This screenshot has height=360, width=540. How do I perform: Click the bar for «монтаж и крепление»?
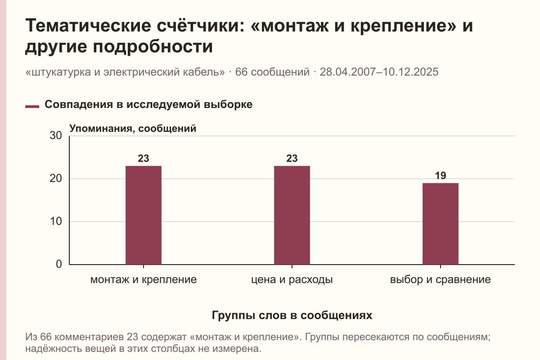(144, 215)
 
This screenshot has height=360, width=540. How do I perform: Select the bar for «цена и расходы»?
(292, 215)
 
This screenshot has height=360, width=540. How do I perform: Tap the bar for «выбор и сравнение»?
(441, 224)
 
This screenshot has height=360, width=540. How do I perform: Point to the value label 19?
(441, 175)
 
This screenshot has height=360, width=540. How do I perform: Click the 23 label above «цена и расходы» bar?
(292, 158)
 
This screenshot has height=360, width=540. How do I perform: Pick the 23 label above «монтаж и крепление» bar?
(144, 158)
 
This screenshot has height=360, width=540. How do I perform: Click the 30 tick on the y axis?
(56, 135)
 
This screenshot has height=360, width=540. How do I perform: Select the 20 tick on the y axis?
(56, 179)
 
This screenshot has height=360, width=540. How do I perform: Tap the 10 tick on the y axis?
(56, 221)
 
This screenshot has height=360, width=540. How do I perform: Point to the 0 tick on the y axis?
(59, 264)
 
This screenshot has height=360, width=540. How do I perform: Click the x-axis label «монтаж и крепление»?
(144, 280)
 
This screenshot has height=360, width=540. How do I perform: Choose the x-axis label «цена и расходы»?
(292, 280)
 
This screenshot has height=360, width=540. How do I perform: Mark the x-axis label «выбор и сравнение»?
(441, 280)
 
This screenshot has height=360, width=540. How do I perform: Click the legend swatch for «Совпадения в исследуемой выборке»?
(32, 107)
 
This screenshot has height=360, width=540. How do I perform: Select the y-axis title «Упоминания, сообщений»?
(133, 129)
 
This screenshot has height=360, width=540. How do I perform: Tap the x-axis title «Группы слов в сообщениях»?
(292, 315)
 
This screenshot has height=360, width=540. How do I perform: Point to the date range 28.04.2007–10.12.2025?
(379, 72)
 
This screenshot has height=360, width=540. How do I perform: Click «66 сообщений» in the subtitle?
(272, 72)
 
